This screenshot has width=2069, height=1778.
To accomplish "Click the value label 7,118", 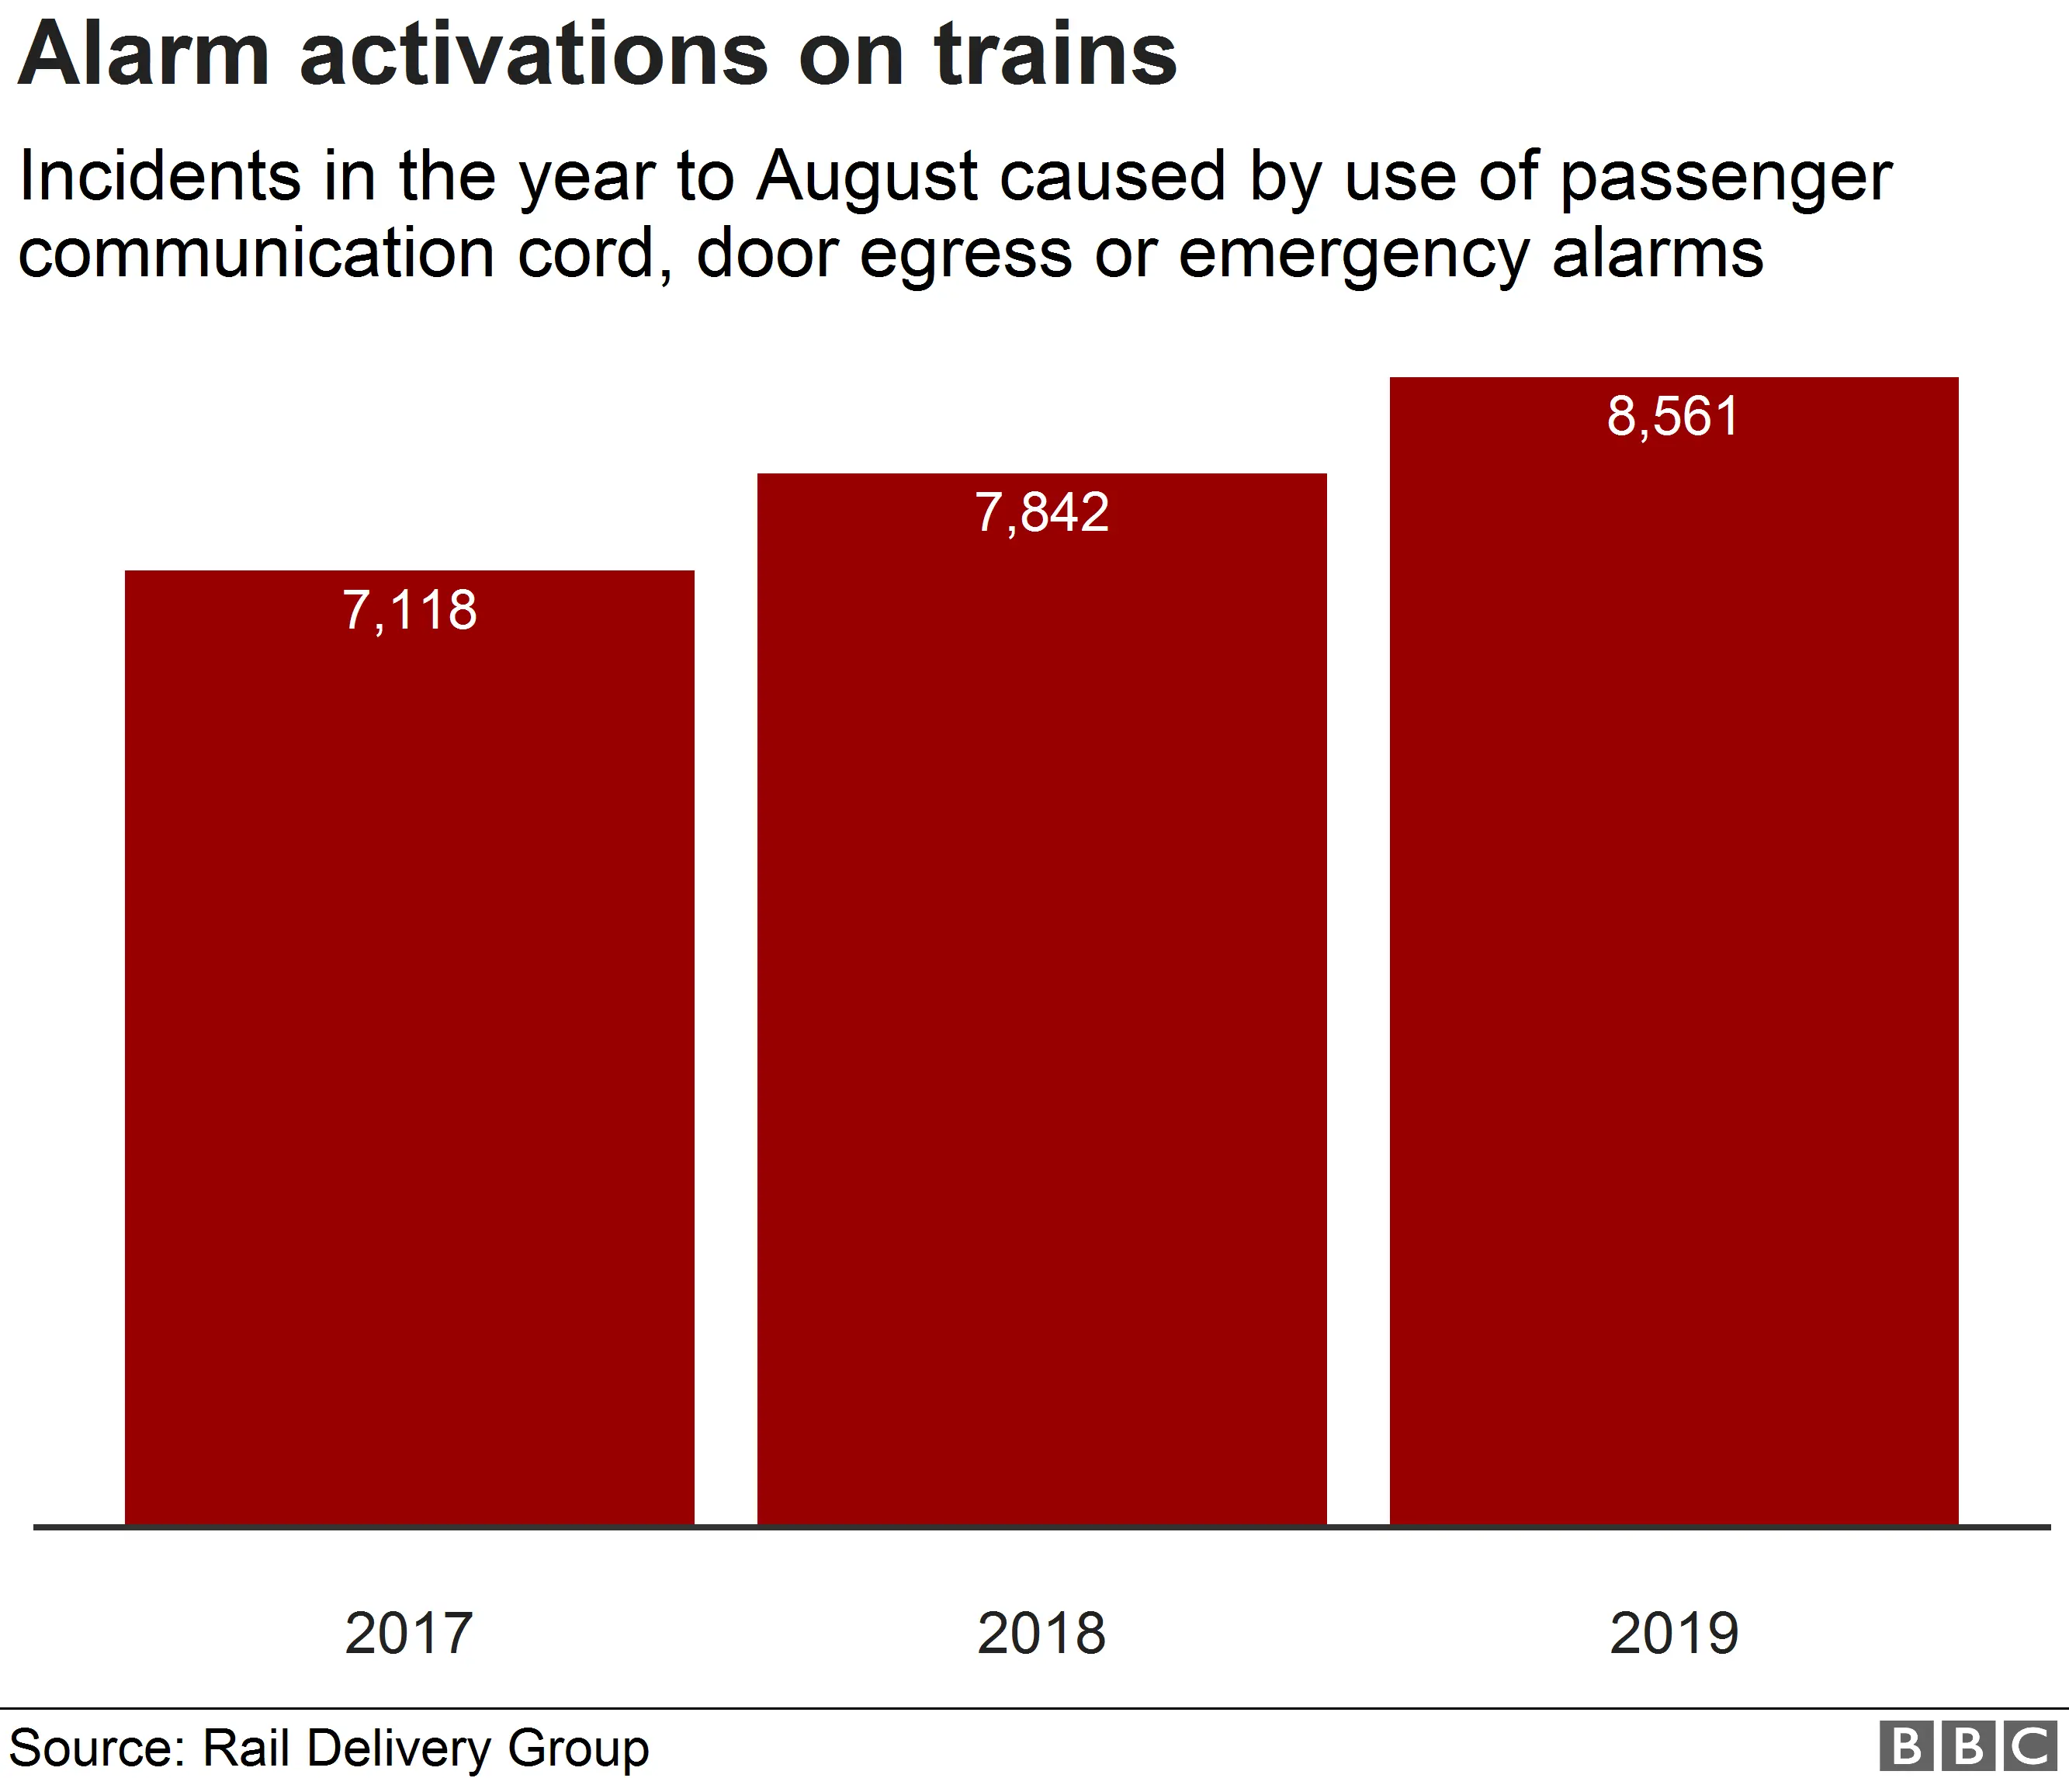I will point(410,610).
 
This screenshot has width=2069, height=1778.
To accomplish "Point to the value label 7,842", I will point(1041,513).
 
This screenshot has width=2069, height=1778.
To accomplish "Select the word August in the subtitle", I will point(866,178).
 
